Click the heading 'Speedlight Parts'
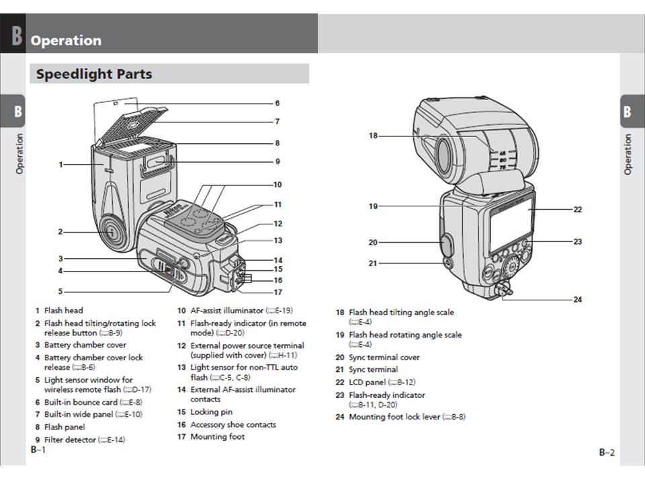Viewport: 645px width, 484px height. pos(94,74)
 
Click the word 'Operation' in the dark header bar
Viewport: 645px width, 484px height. pos(66,40)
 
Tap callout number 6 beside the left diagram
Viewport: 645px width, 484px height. pos(277,104)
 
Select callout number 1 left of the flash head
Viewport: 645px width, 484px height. pos(61,164)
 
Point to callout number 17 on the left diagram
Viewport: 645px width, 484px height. pos(277,292)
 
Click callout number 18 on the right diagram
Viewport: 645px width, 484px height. pos(373,136)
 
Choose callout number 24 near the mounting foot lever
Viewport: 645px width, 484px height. pos(577,299)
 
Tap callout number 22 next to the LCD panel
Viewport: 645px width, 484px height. pos(577,209)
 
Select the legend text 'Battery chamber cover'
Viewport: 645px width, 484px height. pos(85,345)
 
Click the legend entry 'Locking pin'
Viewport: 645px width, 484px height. pos(212,412)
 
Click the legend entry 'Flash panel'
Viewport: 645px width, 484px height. pos(64,427)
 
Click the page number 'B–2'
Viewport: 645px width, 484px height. pos(607,453)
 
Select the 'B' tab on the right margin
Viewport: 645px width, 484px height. pos(628,111)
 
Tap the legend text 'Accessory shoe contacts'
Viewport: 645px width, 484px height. pos(232,425)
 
